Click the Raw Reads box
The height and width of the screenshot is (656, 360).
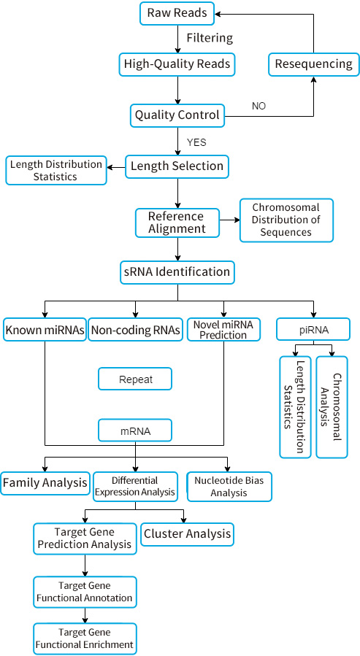pyautogui.click(x=177, y=12)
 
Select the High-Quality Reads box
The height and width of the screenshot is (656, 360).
pyautogui.click(x=177, y=64)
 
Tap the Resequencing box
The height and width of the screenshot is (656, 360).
pyautogui.click(x=313, y=64)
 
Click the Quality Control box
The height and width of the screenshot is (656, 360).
pyautogui.click(x=177, y=115)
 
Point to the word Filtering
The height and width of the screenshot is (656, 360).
pyautogui.click(x=210, y=37)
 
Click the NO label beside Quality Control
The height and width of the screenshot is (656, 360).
pyautogui.click(x=258, y=107)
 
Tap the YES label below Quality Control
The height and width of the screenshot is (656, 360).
pyautogui.click(x=196, y=142)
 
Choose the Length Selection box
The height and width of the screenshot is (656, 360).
pyautogui.click(x=177, y=166)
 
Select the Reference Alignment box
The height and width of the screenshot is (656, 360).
pyautogui.click(x=177, y=223)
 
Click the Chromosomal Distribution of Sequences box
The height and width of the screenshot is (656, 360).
pyautogui.click(x=286, y=220)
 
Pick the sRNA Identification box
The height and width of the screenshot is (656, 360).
pyautogui.click(x=177, y=272)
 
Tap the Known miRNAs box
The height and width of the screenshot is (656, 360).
pyautogui.click(x=45, y=330)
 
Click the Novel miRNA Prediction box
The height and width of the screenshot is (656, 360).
pyautogui.click(x=223, y=329)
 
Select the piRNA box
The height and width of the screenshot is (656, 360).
pyautogui.click(x=313, y=330)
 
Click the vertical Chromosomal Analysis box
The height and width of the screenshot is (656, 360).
pyautogui.click(x=332, y=406)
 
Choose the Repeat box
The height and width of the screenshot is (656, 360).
pyautogui.click(x=135, y=379)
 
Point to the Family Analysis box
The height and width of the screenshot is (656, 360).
pyautogui.click(x=45, y=483)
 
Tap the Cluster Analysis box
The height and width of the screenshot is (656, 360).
pyautogui.click(x=187, y=534)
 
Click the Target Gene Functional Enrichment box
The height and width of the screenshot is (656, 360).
pyautogui.click(x=85, y=639)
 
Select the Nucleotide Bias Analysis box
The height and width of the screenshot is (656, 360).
pyautogui.click(x=229, y=487)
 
